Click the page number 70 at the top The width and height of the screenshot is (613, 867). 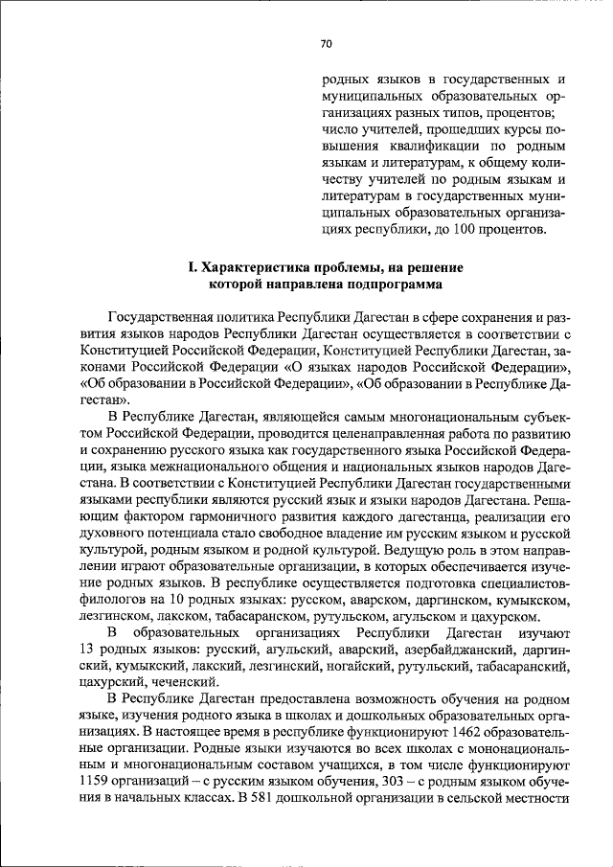click(326, 43)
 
